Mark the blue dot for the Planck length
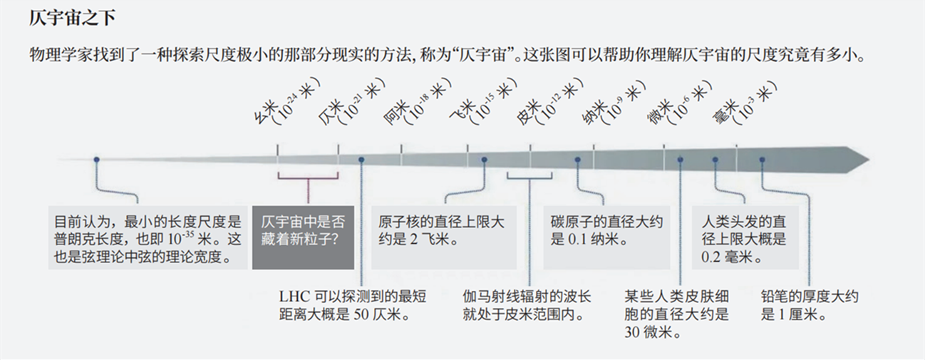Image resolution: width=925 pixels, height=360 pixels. [x=96, y=159]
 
